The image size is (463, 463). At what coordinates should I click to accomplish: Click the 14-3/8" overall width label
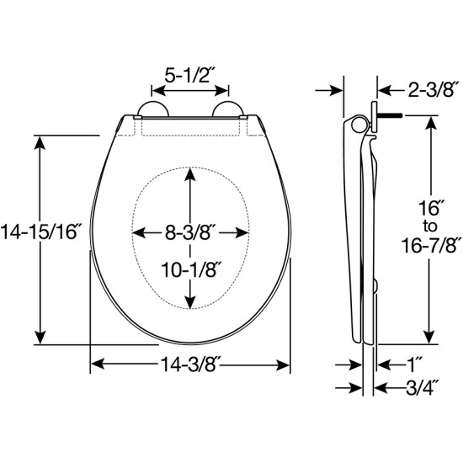[x=190, y=365]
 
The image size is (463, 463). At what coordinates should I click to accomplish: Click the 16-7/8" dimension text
[x=428, y=245]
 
